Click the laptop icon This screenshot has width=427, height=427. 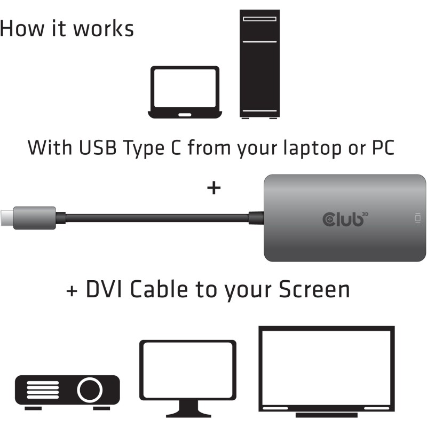(184, 92)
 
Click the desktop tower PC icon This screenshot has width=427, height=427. (259, 64)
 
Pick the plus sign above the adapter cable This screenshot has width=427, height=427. (213, 188)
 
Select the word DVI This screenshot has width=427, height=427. (105, 290)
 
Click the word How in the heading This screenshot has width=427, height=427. (20, 28)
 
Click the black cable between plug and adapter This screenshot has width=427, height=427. (155, 218)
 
